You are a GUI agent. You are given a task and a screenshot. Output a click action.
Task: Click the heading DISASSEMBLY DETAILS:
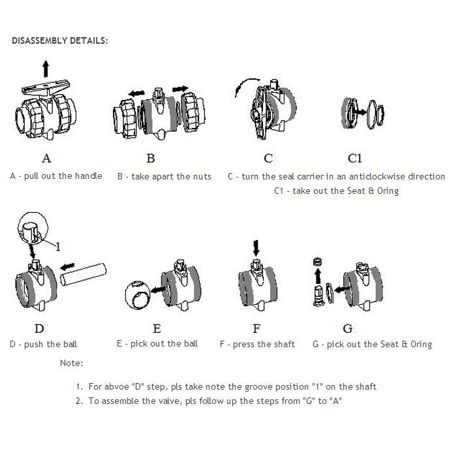[60, 40]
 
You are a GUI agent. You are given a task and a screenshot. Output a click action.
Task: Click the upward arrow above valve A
[46, 68]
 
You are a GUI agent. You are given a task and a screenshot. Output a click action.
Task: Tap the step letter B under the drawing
[151, 158]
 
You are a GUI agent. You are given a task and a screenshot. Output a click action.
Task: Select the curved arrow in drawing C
[246, 88]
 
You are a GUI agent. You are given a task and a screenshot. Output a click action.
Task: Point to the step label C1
[354, 158]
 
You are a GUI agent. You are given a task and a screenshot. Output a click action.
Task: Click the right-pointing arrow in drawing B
[179, 88]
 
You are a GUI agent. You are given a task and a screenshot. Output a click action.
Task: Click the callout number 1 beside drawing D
[57, 247]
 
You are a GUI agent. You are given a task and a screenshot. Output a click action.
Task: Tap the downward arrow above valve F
[256, 248]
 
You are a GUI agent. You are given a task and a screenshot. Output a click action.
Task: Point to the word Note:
[71, 363]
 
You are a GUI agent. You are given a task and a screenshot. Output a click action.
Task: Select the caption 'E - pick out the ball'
[157, 343]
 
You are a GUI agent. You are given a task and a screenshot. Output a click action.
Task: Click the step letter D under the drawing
[39, 328]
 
